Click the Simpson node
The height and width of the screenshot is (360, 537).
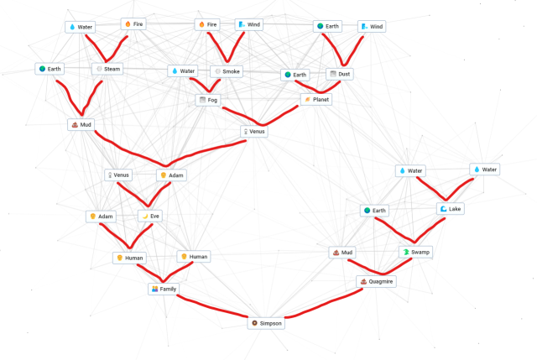coord(267,323)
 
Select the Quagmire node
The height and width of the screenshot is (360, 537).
coord(376,281)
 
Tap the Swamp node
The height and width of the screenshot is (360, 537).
coord(415,252)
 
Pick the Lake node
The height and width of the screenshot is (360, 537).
coord(450,208)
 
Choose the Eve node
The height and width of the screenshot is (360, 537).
coord(150,216)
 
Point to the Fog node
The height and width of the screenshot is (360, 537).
coord(207,100)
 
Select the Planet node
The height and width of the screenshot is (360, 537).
coord(316,100)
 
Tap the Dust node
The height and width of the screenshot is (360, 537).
coord(340,74)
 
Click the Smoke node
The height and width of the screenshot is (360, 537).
coord(227,71)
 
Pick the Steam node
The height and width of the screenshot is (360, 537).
coord(109,68)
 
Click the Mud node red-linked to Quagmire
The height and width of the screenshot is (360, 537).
coord(342,252)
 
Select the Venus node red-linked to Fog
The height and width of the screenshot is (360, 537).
coord(253,132)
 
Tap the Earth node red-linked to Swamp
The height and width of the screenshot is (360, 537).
coord(375,210)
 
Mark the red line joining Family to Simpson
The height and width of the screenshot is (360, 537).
coord(214,308)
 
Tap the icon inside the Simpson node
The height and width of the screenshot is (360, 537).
coord(254,323)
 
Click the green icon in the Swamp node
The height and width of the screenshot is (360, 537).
coord(405,252)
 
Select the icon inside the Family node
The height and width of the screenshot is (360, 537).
coord(154,289)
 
